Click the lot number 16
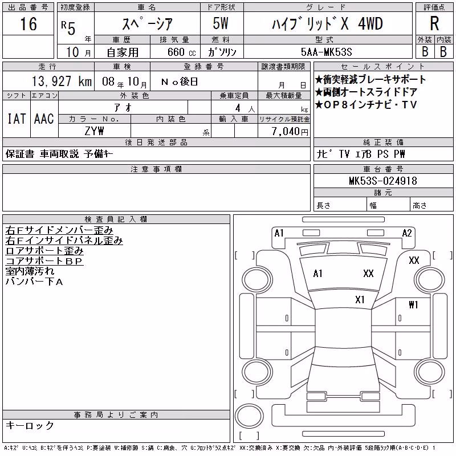[x=28, y=24]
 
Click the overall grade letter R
[x=434, y=23]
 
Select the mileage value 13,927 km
[x=62, y=81]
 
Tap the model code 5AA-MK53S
[x=326, y=52]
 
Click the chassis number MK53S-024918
[x=383, y=181]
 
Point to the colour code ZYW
[x=94, y=131]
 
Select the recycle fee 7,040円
[x=290, y=132]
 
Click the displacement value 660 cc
[x=181, y=52]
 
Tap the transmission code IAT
[x=17, y=119]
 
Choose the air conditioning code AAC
[x=44, y=119]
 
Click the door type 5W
[x=221, y=23]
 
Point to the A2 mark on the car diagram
[x=407, y=233]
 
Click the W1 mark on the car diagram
[x=413, y=304]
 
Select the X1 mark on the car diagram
[x=360, y=300]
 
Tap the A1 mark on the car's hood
[x=317, y=274]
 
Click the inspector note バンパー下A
[x=34, y=282]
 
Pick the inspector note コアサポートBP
[x=44, y=261]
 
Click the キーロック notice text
[x=30, y=425]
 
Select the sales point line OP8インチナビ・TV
[x=366, y=105]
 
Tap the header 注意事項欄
[x=156, y=169]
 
